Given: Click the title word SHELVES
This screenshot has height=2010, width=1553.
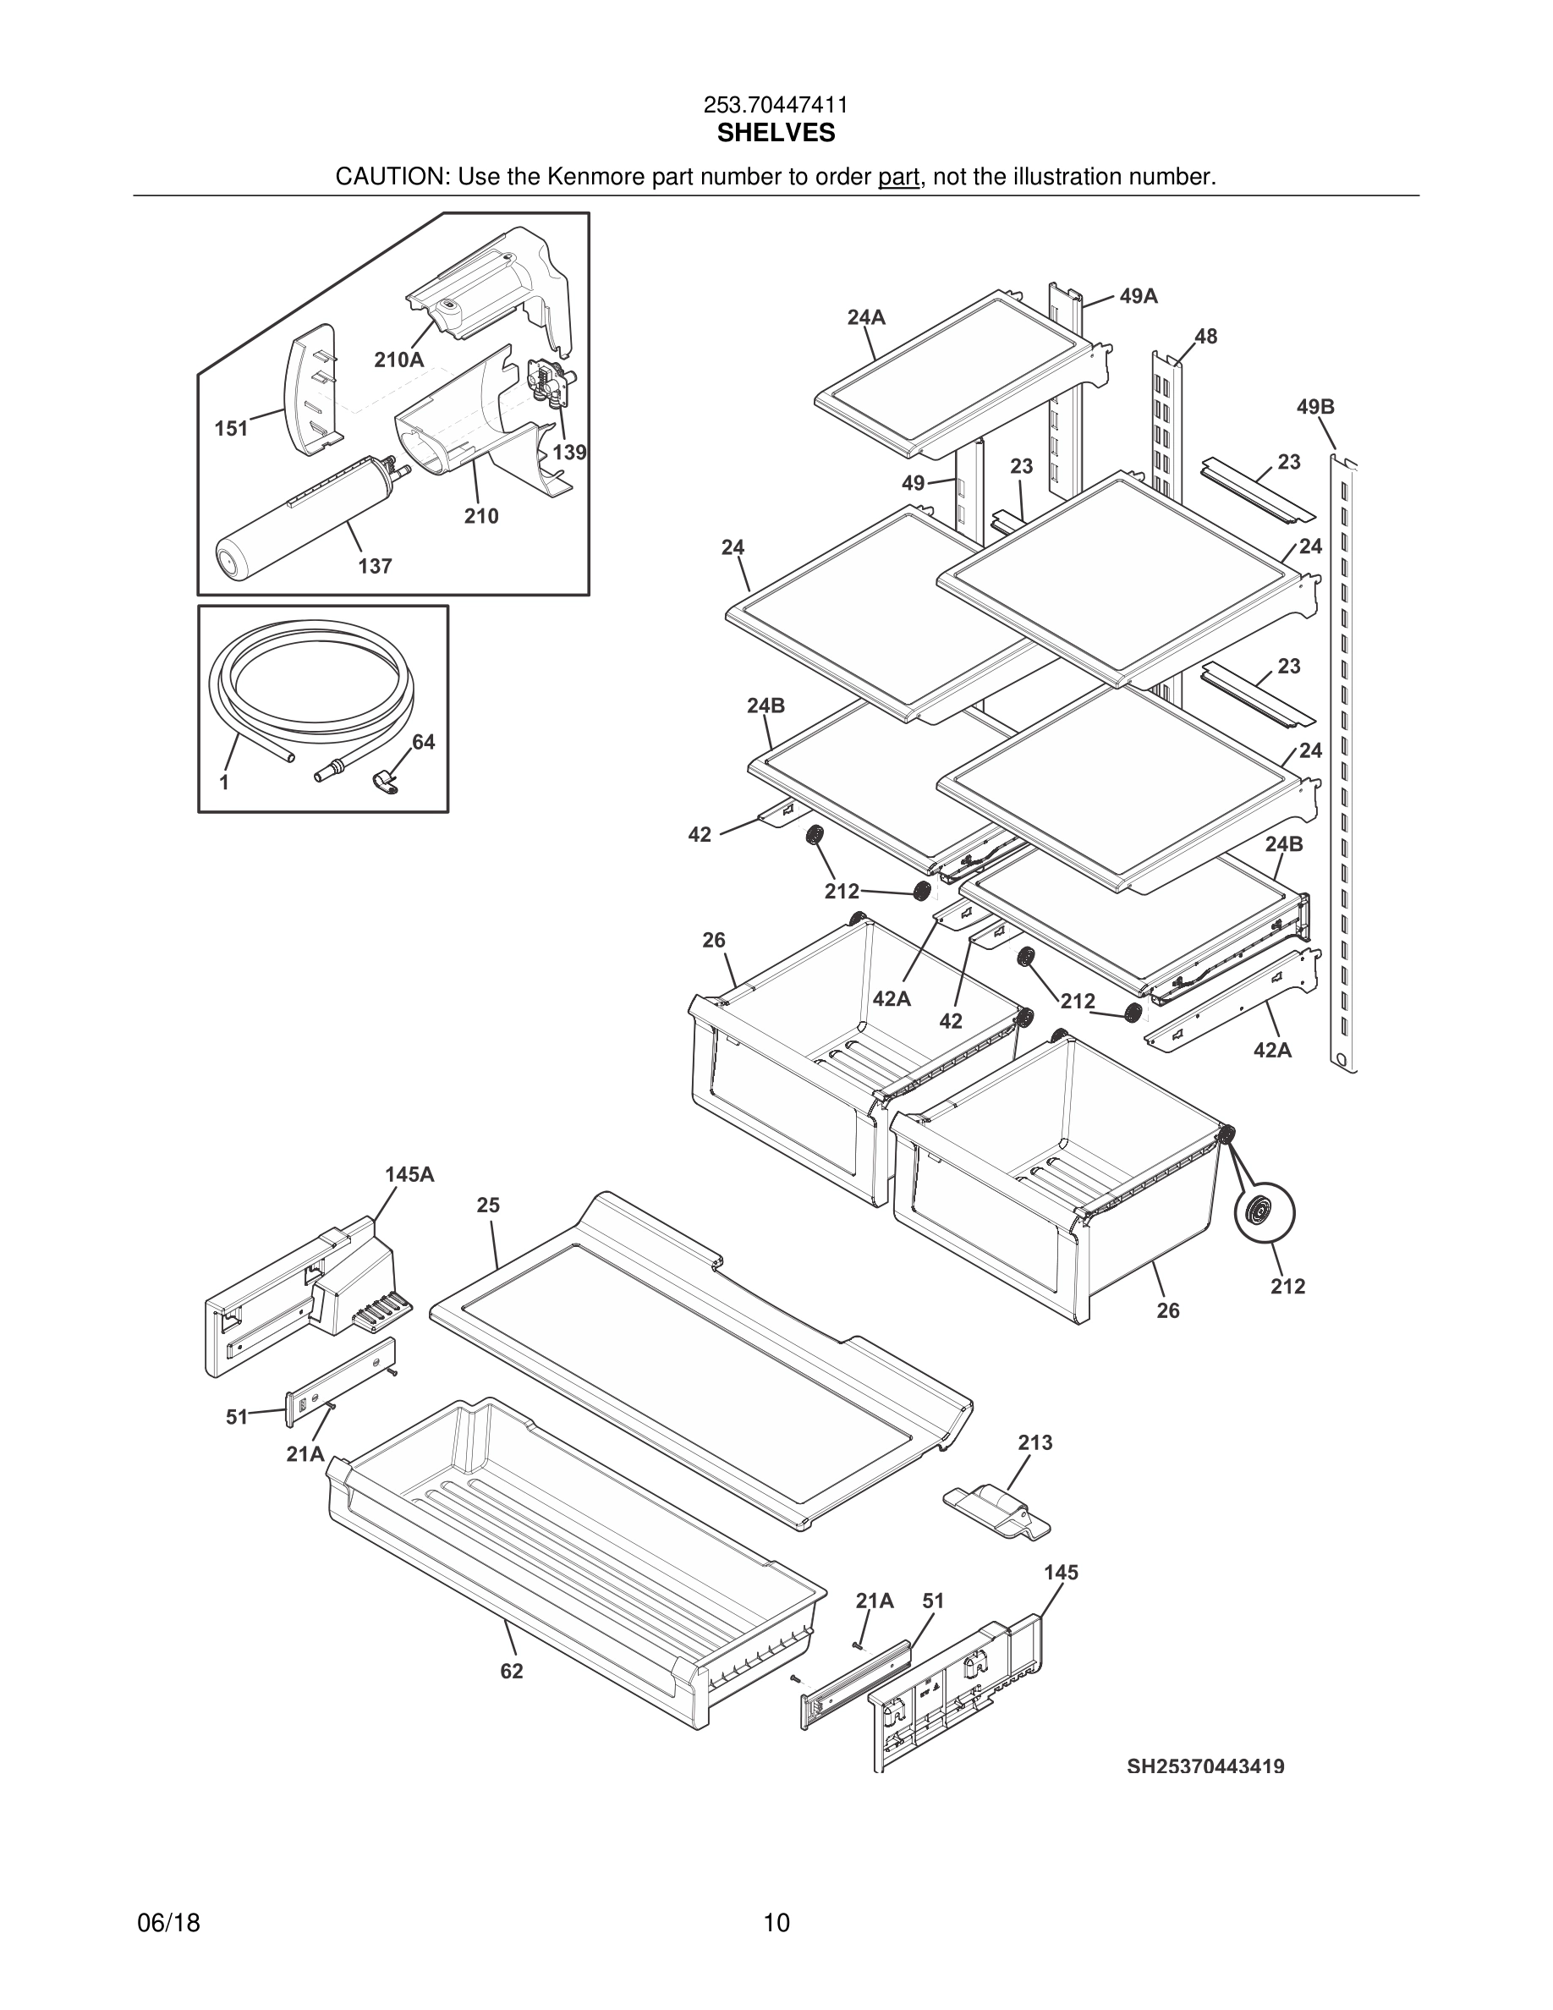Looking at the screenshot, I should [776, 134].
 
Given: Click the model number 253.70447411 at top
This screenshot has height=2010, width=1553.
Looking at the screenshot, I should [776, 106].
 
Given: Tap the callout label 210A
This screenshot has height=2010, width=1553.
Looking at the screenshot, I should [398, 360].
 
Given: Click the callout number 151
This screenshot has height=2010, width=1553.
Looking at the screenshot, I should [231, 428].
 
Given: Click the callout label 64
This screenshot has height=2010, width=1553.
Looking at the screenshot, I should [423, 742].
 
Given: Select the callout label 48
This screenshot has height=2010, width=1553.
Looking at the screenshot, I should [1205, 337].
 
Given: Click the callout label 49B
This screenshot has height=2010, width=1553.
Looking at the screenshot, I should [1315, 407].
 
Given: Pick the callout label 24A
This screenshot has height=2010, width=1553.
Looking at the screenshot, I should [866, 317].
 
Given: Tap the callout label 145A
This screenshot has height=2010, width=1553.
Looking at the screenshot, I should [409, 1174].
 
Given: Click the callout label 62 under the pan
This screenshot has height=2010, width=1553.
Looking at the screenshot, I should [512, 1671].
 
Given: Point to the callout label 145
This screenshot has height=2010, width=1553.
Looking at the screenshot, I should [1061, 1573].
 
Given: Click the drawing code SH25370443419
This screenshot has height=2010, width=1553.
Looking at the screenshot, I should [1205, 1766].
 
